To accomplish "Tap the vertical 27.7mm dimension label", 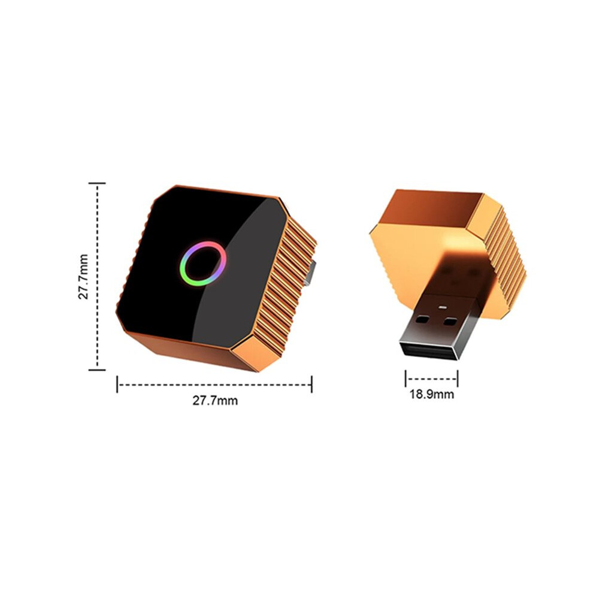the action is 83,277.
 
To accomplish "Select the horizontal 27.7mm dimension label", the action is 215,401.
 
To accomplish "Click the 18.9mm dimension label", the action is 431,395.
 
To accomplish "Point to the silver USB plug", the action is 438,326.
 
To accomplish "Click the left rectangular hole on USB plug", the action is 423,319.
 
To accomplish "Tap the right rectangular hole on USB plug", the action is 450,322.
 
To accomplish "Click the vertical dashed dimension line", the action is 98,277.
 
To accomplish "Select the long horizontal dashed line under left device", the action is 214,385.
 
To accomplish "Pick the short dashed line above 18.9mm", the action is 431,379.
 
